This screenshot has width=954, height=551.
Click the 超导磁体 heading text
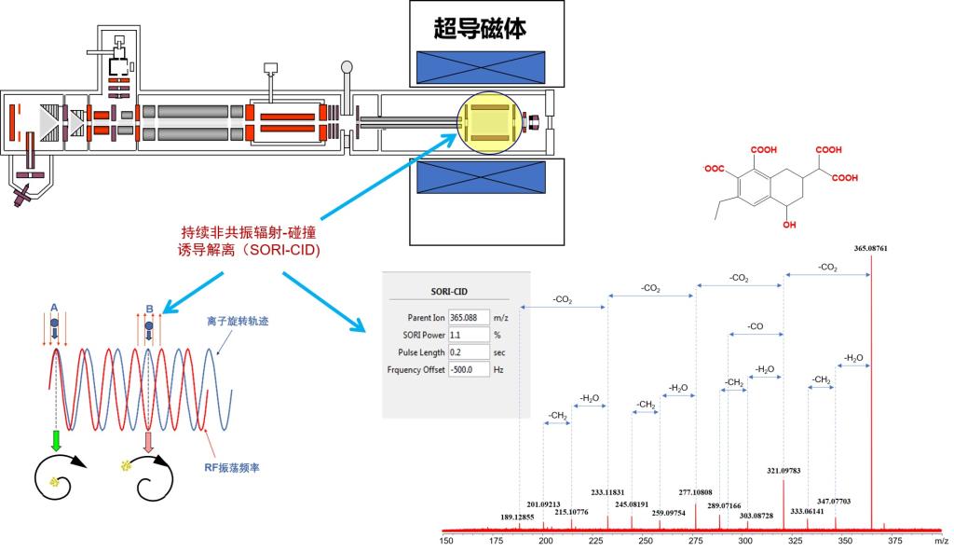480,29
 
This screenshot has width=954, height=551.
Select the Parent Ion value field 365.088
469,316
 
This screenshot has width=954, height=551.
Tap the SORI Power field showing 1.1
469,334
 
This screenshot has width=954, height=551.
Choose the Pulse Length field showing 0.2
469,351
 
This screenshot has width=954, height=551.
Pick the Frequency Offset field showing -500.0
469,369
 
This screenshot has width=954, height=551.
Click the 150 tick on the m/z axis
445,540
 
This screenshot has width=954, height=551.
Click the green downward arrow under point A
56,440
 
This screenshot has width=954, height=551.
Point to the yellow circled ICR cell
488,122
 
